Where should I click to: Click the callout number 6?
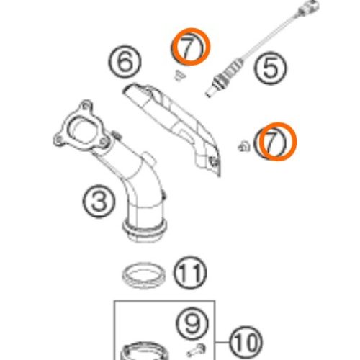125,62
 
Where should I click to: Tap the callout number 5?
270,68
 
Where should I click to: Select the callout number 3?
99,202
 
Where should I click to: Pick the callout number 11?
190,273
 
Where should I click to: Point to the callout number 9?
192,324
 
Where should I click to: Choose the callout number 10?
246,343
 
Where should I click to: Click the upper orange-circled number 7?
192,47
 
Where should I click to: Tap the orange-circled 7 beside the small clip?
278,141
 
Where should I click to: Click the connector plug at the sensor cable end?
309,7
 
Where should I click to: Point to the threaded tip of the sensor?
210,93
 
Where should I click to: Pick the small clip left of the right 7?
244,146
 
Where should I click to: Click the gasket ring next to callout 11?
143,276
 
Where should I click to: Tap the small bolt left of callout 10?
197,350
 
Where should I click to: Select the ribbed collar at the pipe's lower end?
145,229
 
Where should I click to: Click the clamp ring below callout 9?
144,351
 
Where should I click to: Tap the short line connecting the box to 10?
222,342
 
